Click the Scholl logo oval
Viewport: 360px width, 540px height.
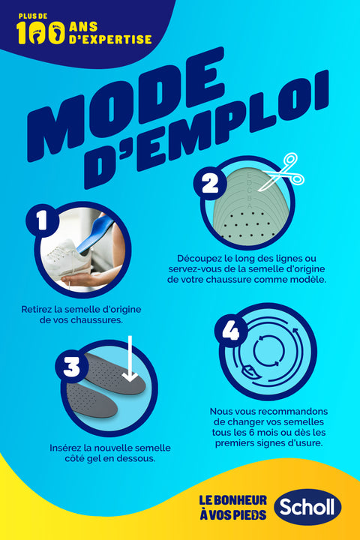click(x=307, y=506)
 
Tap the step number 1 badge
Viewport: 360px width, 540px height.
click(x=42, y=220)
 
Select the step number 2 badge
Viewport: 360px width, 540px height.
click(x=210, y=183)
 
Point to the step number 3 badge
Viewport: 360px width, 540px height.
click(x=72, y=367)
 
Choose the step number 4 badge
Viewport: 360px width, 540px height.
click(x=231, y=332)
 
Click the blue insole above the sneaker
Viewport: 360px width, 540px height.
click(x=95, y=232)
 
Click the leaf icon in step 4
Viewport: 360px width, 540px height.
click(x=248, y=372)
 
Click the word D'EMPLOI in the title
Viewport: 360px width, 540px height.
click(x=207, y=129)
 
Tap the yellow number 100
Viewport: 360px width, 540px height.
click(x=40, y=32)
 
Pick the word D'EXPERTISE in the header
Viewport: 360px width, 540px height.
click(x=110, y=39)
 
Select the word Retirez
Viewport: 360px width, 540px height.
click(x=34, y=309)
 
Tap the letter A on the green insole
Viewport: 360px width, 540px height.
click(x=250, y=205)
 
